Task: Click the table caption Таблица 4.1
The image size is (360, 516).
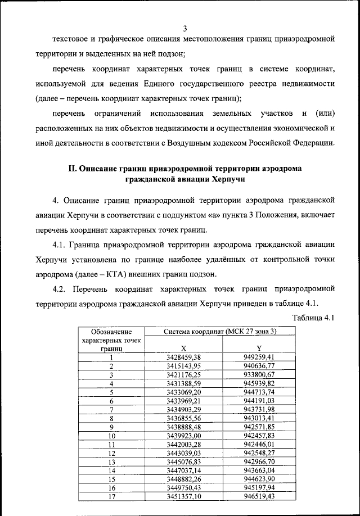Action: click(314, 318)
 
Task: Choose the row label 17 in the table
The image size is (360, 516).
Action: click(111, 496)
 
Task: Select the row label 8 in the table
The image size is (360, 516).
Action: click(111, 418)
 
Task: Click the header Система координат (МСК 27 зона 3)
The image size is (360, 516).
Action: click(220, 332)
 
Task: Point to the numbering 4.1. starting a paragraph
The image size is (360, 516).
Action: click(60, 245)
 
